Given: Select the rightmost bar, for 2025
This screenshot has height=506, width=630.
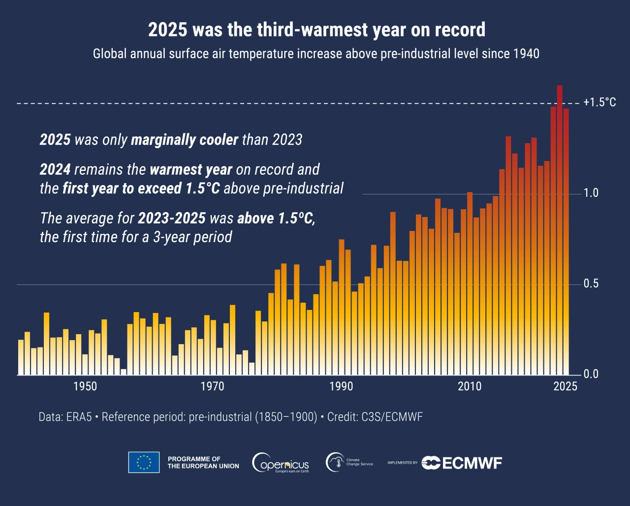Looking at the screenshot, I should click(566, 241).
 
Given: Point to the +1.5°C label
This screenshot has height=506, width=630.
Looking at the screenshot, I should click(599, 102).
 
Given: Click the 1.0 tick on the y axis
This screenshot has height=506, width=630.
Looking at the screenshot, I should click(591, 193).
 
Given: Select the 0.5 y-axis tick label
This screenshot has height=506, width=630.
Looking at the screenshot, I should click(591, 284).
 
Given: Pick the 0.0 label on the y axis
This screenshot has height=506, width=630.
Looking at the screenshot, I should click(591, 374).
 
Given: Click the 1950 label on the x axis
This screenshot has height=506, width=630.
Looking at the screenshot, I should click(85, 386).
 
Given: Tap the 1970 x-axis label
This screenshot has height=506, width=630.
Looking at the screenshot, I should click(213, 386).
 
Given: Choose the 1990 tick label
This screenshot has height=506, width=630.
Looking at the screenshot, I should click(341, 386).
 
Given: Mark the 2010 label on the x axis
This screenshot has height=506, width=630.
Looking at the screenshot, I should click(470, 386).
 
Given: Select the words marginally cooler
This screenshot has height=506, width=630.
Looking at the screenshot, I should click(185, 140).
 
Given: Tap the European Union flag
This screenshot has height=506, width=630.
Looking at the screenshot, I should click(144, 462).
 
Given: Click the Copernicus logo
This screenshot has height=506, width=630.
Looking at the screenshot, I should click(281, 463).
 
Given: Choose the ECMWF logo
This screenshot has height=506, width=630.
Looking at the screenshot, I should click(462, 463).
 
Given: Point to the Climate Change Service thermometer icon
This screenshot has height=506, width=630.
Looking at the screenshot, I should click(335, 462).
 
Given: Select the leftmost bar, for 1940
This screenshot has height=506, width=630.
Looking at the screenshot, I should click(21, 357).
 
